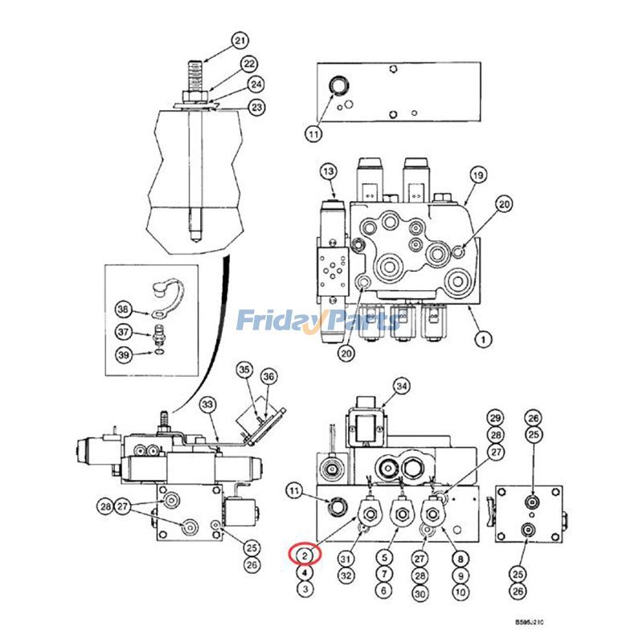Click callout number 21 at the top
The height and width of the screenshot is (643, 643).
tap(239, 40)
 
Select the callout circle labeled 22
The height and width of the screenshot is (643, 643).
tap(249, 63)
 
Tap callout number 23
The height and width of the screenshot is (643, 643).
tap(256, 106)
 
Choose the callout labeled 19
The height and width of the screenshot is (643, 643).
tap(477, 175)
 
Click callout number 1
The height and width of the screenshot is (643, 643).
tap(483, 340)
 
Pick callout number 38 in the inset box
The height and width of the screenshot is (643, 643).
tap(123, 309)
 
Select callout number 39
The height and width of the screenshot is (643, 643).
tap(123, 354)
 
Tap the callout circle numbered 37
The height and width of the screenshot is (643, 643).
tap(123, 332)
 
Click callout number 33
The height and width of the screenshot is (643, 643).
tap(186, 403)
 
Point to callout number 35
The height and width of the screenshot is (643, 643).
tap(244, 370)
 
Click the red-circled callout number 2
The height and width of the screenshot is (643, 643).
tap(305, 555)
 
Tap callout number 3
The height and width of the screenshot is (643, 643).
tap(305, 588)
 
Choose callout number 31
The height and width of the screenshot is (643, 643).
tap(346, 559)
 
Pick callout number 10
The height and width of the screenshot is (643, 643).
tap(461, 591)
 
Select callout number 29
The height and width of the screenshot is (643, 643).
tap(495, 417)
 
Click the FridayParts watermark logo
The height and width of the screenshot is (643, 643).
tap(317, 321)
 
